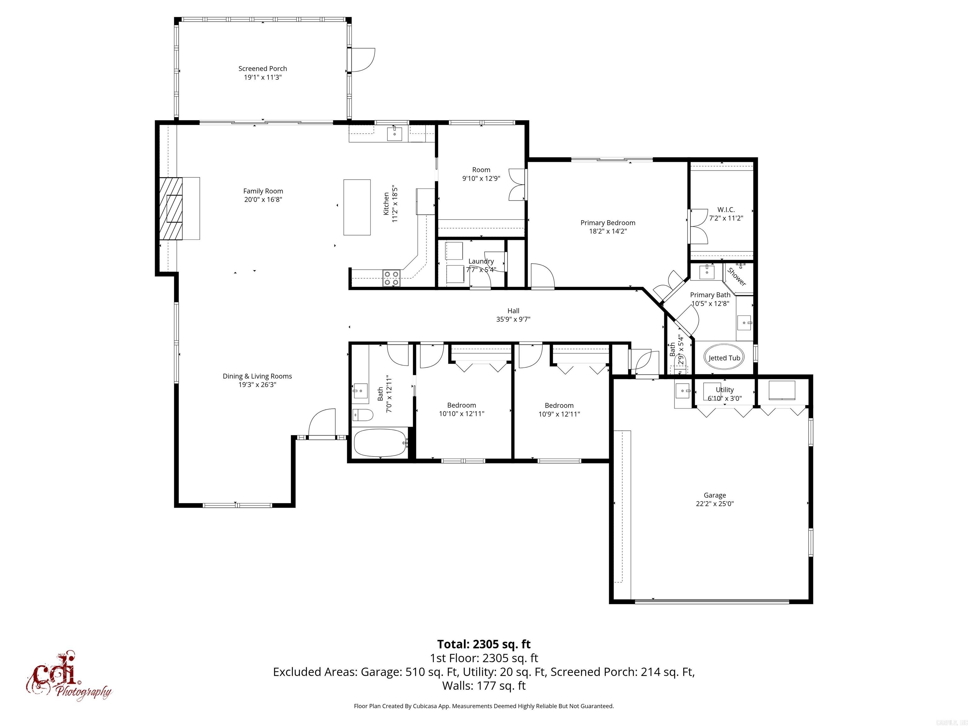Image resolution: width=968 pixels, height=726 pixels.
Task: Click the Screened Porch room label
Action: point(262,69)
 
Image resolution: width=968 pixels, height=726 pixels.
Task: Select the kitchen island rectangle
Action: point(357,207)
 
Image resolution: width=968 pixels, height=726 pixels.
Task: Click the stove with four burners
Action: point(392,278)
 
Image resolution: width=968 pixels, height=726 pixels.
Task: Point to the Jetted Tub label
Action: point(724,358)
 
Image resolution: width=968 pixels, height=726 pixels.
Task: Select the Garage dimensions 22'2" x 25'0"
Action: point(715,504)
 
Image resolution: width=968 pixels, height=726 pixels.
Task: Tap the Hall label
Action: point(513,311)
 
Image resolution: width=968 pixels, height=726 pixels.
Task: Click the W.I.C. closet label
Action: point(726,210)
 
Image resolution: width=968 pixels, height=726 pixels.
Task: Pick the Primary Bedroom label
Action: point(608,223)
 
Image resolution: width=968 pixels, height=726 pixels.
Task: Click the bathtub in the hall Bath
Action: point(380,443)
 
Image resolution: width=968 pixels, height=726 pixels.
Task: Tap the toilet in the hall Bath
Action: point(362,414)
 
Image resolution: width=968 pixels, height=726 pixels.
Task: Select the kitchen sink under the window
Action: point(395,134)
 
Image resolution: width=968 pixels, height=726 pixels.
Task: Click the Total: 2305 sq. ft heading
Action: point(484,644)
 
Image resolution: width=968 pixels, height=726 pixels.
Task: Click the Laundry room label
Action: point(481,261)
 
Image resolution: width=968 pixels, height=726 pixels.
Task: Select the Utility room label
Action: point(725,390)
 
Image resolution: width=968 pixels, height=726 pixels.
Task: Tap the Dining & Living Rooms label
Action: point(257,376)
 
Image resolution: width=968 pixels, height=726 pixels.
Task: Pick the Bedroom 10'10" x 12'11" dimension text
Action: point(462,413)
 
